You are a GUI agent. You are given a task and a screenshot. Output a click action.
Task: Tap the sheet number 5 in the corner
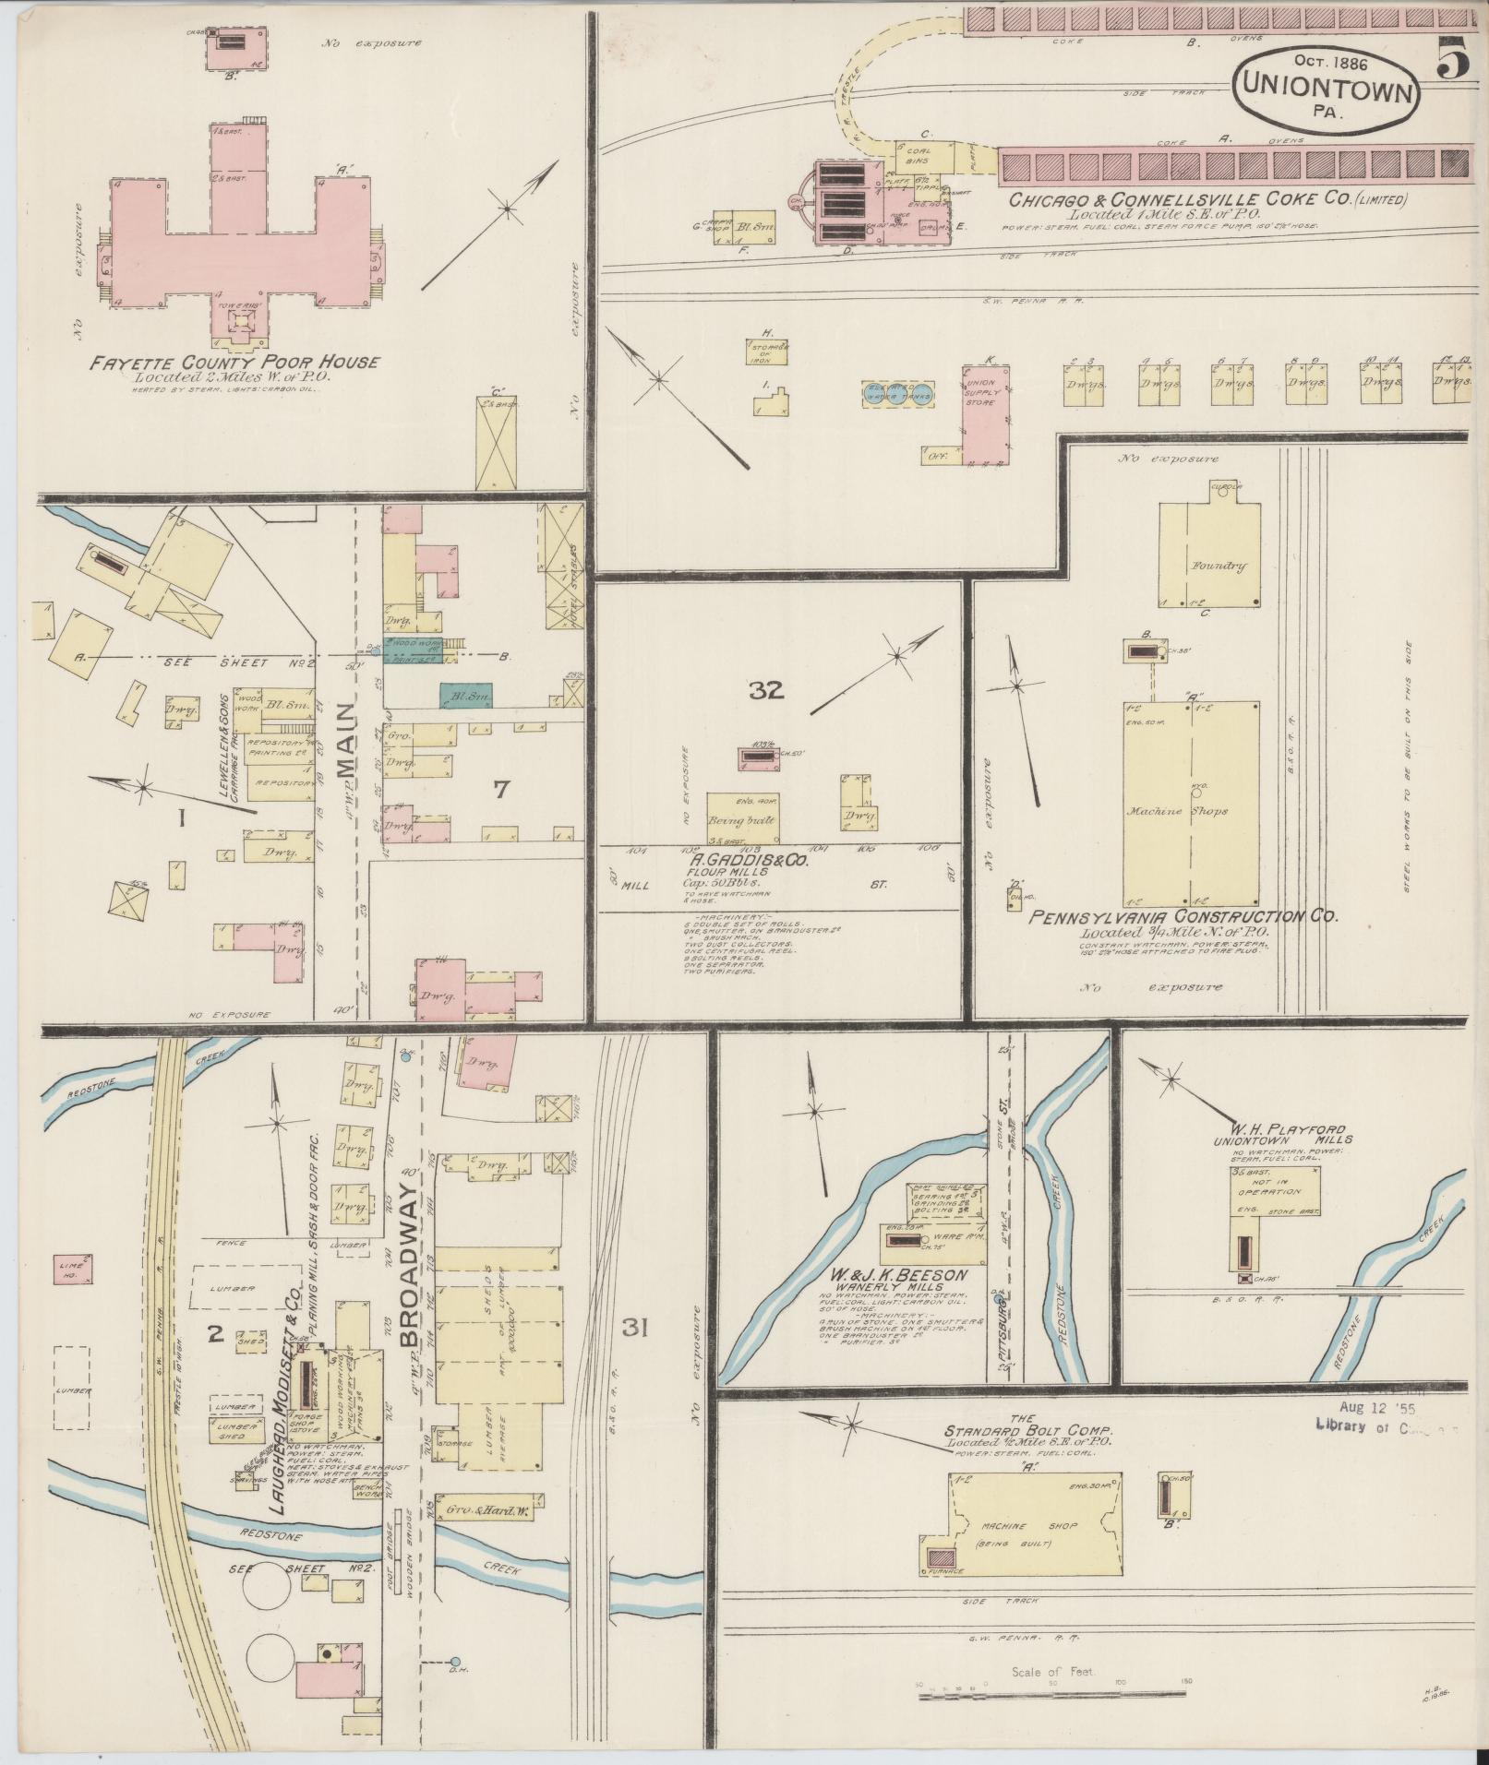point(1452,62)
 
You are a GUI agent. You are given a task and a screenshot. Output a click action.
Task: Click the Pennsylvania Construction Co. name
point(1183,917)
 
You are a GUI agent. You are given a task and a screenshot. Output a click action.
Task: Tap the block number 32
point(766,690)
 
